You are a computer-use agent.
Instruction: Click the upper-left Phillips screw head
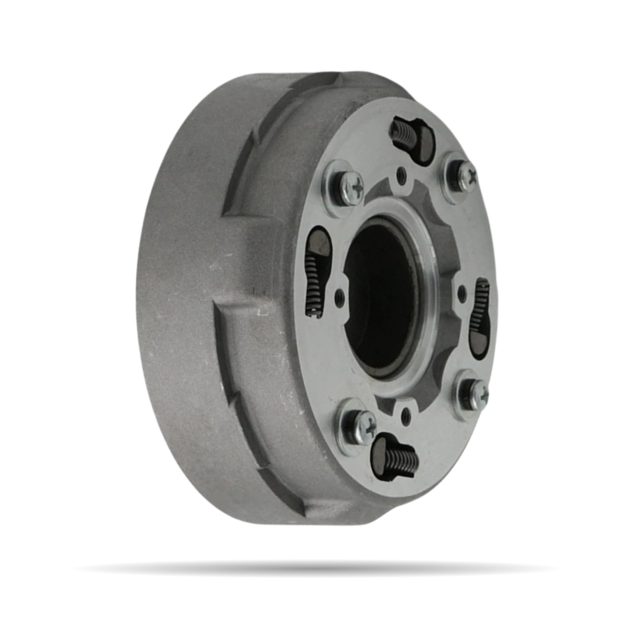347,187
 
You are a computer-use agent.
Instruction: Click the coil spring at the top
403,133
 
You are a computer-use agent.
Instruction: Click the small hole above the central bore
401,176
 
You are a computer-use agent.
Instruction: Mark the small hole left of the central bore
340,296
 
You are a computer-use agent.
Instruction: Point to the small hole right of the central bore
462,293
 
